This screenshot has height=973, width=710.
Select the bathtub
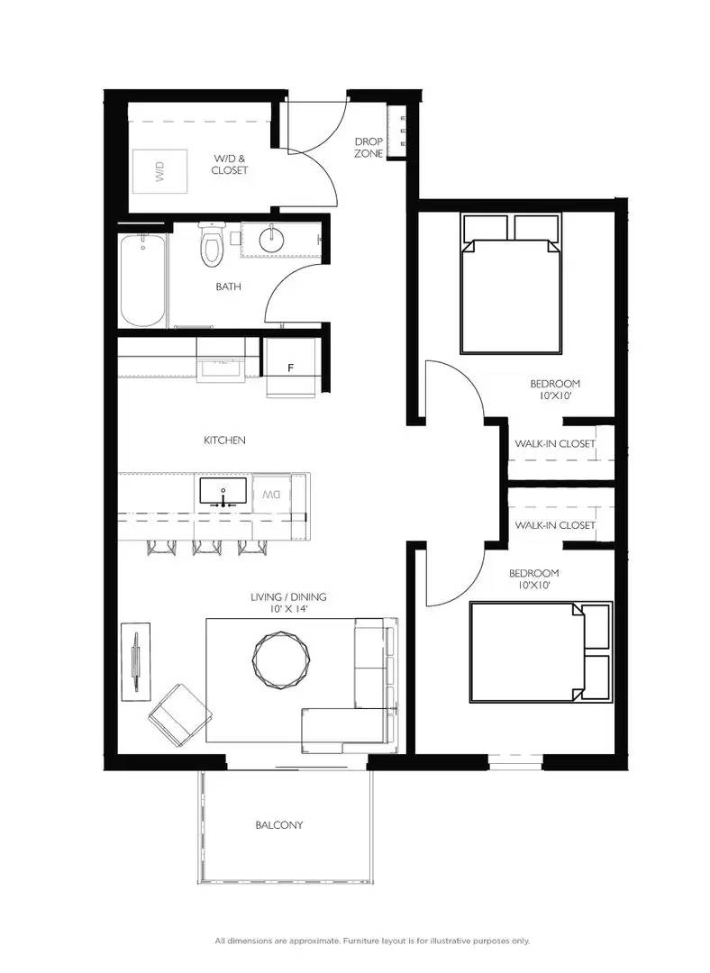click(x=143, y=280)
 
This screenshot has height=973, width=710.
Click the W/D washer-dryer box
click(x=159, y=171)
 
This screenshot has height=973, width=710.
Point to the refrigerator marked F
click(x=290, y=368)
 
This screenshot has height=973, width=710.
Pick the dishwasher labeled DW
click(x=272, y=495)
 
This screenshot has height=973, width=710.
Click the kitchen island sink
click(x=223, y=491)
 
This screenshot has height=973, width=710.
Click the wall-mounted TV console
click(x=135, y=661)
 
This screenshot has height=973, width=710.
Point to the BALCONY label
click(x=279, y=825)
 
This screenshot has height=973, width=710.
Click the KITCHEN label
click(x=224, y=440)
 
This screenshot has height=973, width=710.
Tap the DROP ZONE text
click(x=369, y=148)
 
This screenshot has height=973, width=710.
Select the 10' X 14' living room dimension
click(x=288, y=609)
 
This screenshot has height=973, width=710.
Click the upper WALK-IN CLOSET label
click(x=555, y=443)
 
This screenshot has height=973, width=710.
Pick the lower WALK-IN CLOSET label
click(x=555, y=525)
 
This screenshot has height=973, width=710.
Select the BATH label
click(x=228, y=286)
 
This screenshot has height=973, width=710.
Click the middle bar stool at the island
click(x=206, y=547)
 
